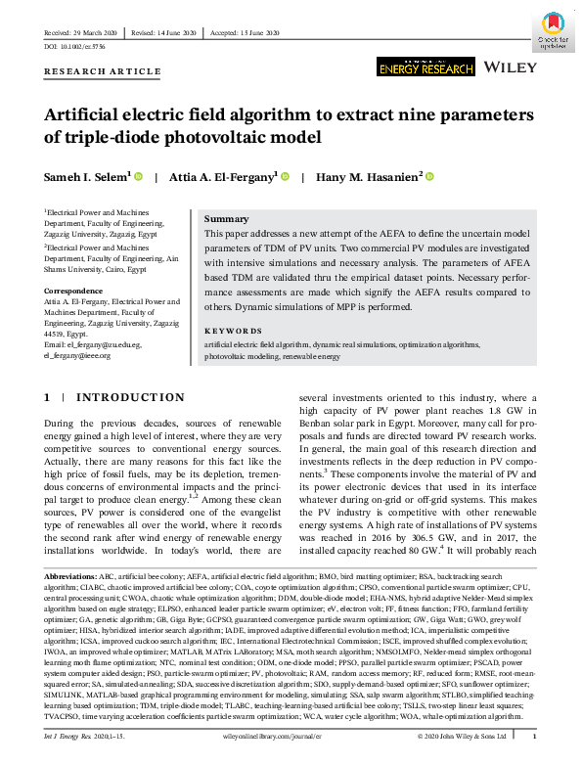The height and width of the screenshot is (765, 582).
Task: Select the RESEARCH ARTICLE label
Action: [x=102, y=71]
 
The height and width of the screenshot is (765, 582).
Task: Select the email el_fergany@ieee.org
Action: [x=79, y=355]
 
